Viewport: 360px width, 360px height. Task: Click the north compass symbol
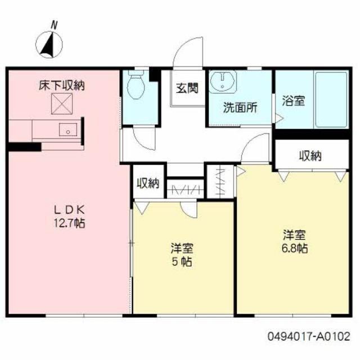49,42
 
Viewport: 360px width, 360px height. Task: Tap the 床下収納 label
61,86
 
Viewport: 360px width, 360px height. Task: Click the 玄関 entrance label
186,88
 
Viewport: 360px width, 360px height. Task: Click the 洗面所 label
240,107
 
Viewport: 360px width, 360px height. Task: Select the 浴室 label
293,102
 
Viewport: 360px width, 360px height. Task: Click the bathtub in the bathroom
330,99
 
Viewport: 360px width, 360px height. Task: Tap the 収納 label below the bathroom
310,155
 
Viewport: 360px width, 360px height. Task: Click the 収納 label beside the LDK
148,183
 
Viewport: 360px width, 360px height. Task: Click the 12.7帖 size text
70,223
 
